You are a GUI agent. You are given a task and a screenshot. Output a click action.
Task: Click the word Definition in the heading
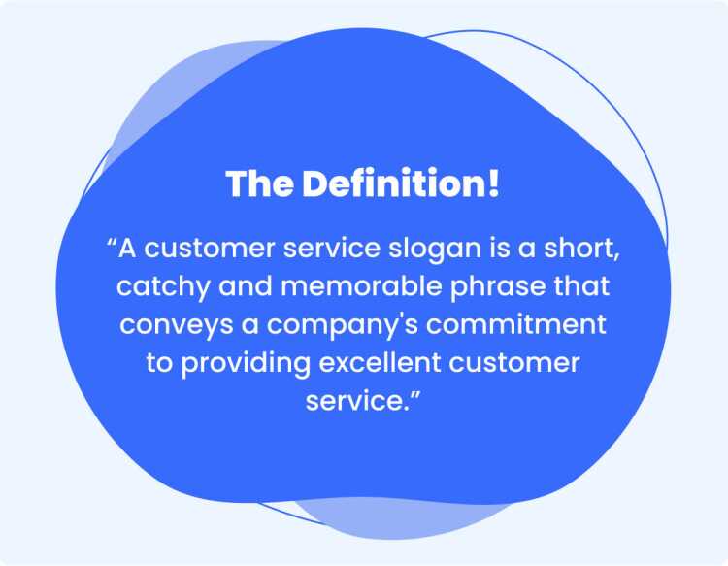point(392,183)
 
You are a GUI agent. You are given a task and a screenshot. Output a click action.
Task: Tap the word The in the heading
point(259,183)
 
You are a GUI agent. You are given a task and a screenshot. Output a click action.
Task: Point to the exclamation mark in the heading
point(493,183)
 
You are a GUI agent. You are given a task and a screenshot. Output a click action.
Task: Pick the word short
point(579,248)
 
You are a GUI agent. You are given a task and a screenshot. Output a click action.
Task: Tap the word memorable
point(361,286)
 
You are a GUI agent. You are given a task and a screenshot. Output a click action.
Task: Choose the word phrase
point(498,287)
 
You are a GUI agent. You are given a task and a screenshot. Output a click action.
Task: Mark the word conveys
point(176,325)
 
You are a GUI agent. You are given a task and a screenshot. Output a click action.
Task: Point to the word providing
point(246,363)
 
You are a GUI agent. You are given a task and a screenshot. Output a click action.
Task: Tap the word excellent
point(380,362)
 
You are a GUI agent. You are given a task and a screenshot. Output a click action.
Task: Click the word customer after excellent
point(513,363)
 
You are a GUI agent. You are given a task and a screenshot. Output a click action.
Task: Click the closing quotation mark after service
point(414,394)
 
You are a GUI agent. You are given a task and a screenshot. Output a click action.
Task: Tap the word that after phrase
point(581,286)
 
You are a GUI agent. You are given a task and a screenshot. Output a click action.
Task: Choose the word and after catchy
point(246,286)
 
